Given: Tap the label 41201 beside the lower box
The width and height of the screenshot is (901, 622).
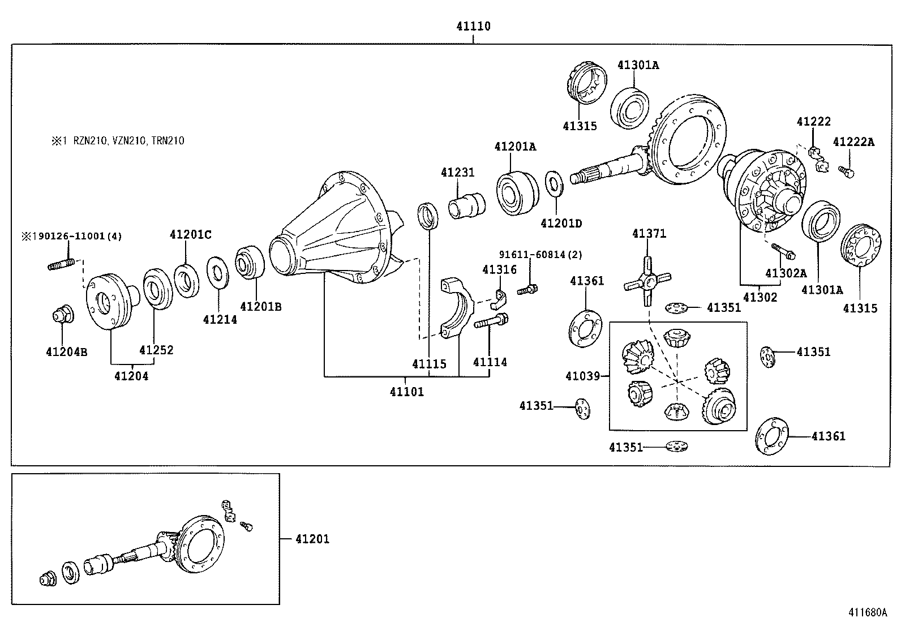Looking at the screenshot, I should tap(312, 539).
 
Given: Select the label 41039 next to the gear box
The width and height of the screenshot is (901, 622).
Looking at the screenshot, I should tap(583, 375).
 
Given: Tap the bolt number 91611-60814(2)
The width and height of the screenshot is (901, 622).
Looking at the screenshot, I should tap(540, 255).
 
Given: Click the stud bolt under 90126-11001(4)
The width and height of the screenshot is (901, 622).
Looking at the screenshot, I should tap(62, 264).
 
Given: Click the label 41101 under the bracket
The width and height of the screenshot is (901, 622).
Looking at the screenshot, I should tap(406, 391).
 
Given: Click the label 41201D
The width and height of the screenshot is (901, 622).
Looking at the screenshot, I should tap(561, 223).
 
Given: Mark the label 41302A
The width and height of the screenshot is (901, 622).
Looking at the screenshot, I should tap(786, 273).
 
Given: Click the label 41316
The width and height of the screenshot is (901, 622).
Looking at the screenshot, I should tap(499, 270).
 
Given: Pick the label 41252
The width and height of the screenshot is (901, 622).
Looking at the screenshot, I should tap(156, 350).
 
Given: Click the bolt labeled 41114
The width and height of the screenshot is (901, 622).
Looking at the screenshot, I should tap(490, 323).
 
